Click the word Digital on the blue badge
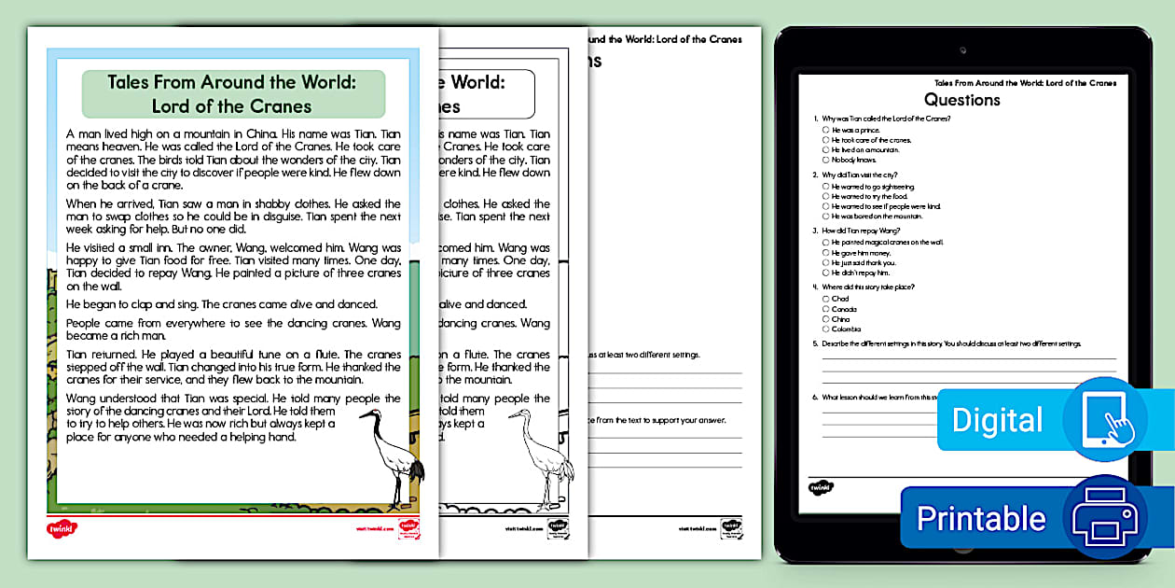coord(997,420)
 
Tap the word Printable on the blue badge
coord(980,518)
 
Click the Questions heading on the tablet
coord(961,100)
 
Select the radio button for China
coord(826,319)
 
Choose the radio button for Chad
coord(826,299)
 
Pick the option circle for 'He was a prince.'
coord(826,130)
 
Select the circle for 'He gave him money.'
coord(826,253)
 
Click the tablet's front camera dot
coord(962,46)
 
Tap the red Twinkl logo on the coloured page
coord(62,528)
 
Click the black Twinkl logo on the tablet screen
coord(820,486)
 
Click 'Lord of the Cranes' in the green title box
coord(232,105)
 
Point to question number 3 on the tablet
coord(817,231)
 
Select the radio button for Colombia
coord(826,329)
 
